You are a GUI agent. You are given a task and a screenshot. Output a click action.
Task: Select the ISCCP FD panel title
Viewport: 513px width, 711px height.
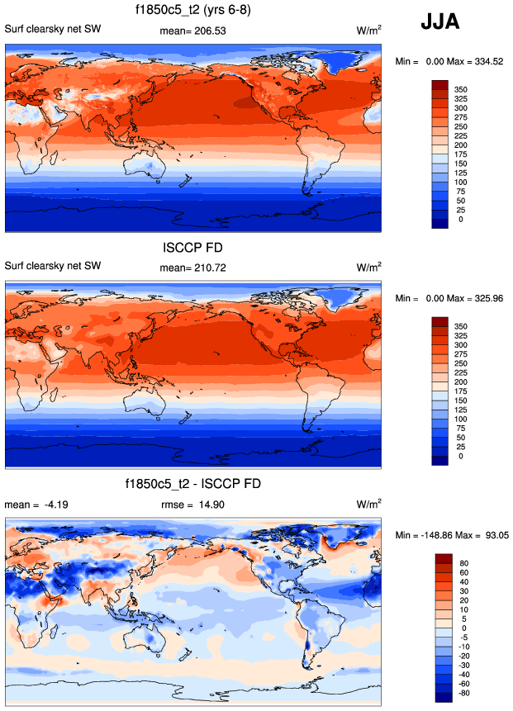(194, 247)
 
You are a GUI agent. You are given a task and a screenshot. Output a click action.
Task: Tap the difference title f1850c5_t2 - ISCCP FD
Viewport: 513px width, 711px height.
(194, 484)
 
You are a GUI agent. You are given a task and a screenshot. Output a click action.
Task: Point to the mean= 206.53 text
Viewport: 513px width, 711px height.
(192, 31)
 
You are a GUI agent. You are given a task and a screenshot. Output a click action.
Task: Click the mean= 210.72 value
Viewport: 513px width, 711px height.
(192, 267)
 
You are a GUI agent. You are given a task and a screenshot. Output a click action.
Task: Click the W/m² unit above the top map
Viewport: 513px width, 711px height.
(368, 31)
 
